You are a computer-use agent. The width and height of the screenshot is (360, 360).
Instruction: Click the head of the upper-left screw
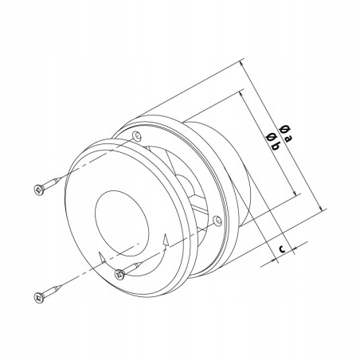pos(37,189)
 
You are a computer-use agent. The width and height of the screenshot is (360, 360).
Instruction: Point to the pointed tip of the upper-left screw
pos(63,176)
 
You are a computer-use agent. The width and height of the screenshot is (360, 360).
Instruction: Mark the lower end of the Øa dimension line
pos(326,209)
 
